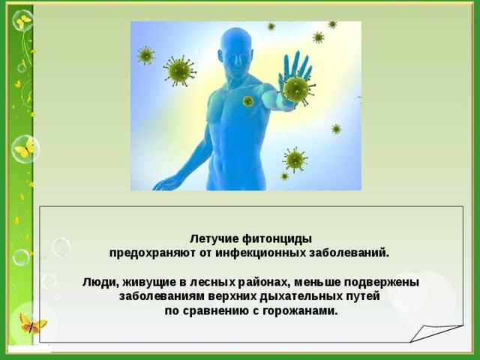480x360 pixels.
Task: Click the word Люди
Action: point(97,282)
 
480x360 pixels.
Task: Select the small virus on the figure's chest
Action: point(247,101)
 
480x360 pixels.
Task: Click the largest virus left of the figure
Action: point(179,71)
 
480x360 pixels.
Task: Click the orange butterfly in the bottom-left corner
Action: point(32,323)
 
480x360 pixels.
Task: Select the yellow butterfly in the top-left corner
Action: point(22,20)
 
